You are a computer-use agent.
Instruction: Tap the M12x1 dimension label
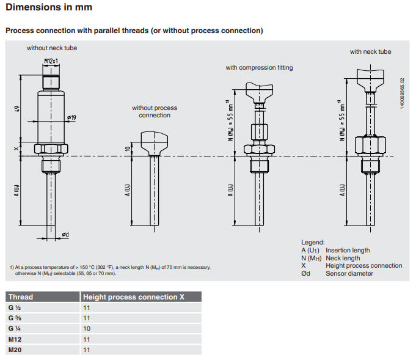click(x=52, y=61)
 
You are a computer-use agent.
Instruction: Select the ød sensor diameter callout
click(x=65, y=235)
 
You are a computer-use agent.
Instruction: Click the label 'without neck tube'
click(x=52, y=48)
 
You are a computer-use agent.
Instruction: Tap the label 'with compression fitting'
click(x=259, y=67)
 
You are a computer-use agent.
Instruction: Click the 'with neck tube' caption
click(x=370, y=52)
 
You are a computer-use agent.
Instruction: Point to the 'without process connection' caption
click(x=155, y=111)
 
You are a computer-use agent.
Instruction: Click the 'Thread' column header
click(x=21, y=297)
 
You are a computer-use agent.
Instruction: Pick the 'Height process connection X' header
click(x=133, y=297)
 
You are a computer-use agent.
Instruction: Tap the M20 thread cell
click(x=15, y=350)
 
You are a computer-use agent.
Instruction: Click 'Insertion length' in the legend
click(x=348, y=250)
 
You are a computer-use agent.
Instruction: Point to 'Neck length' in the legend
click(x=343, y=258)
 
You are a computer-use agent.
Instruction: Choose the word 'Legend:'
click(x=313, y=242)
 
